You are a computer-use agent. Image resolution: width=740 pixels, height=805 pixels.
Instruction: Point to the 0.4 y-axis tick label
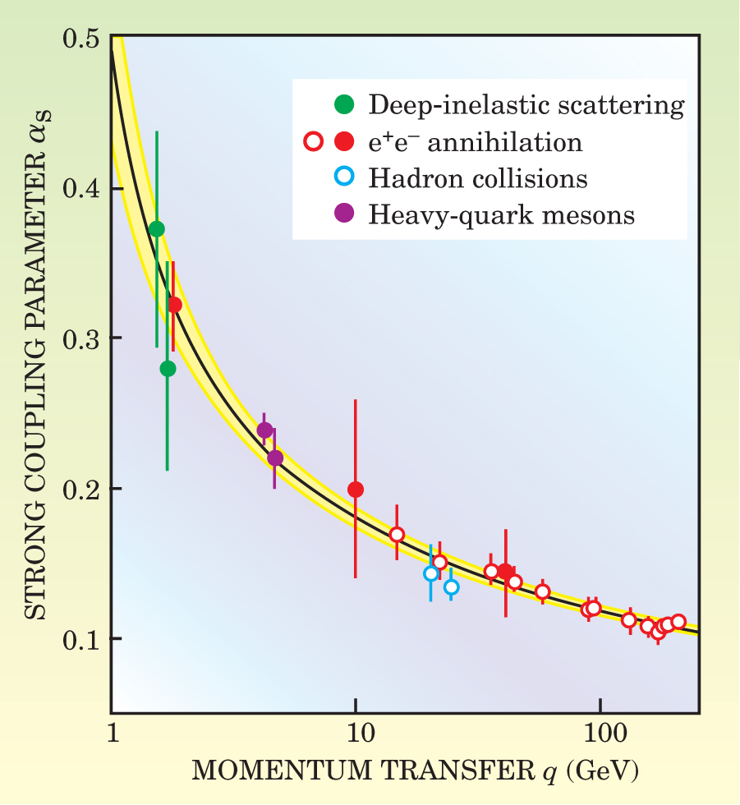[81, 188]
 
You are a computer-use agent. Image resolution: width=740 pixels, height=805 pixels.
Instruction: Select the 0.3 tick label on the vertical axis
[81, 338]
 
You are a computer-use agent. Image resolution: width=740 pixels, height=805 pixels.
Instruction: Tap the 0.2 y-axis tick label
[81, 489]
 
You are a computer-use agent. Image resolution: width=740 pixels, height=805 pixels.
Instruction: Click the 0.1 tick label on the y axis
[81, 638]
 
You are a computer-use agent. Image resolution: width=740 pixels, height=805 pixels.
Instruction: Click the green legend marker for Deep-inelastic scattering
[345, 104]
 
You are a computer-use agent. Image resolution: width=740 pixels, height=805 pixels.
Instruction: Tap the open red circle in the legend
[313, 141]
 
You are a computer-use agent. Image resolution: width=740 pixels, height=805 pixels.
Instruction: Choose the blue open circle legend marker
[345, 177]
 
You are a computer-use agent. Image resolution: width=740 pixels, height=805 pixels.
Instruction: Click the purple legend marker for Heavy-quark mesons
[345, 214]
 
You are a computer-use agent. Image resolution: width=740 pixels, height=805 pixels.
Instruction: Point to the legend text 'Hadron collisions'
[478, 178]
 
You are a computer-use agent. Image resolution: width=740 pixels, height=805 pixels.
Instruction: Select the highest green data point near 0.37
[157, 228]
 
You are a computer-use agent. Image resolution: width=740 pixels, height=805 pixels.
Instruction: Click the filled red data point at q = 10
[356, 490]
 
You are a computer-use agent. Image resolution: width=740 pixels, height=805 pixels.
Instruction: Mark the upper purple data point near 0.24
[264, 430]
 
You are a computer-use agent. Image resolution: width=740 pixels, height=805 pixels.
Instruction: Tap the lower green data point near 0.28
[168, 369]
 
